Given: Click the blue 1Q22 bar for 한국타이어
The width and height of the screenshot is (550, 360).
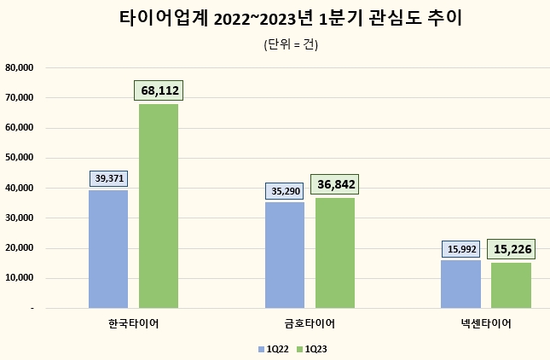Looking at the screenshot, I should pos(108,249).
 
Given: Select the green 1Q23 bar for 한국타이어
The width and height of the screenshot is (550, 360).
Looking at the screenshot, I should pos(159,206).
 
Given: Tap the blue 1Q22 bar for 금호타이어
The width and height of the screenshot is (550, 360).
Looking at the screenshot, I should pos(284,255).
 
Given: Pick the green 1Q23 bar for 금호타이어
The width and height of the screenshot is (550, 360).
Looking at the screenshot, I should pos(335,253).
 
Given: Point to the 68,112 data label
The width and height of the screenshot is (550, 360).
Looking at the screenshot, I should pos(159,90).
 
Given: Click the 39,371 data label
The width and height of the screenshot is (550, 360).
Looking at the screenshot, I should pos(108,177).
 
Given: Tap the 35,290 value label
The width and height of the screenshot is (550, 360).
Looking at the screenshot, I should pos(284,190).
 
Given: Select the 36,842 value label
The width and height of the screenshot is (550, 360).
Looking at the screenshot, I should pos(335,184).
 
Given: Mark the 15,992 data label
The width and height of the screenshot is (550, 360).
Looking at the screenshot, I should pos(460,248).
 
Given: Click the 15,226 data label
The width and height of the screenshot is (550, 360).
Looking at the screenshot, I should pos(511,249).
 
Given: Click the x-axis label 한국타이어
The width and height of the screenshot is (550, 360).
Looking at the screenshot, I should pos(134,323).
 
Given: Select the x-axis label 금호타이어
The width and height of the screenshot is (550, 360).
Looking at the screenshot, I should pos(310,323).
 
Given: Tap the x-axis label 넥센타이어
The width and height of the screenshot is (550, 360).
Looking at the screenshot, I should pos(486,323).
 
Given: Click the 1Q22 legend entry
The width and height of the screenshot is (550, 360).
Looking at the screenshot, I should pos(272,348).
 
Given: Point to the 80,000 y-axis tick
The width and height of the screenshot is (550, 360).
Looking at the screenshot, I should pos(19,67).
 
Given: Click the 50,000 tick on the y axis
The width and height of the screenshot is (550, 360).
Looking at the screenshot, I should pos(19,158).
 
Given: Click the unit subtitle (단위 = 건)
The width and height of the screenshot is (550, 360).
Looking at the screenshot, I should pos(291,45).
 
